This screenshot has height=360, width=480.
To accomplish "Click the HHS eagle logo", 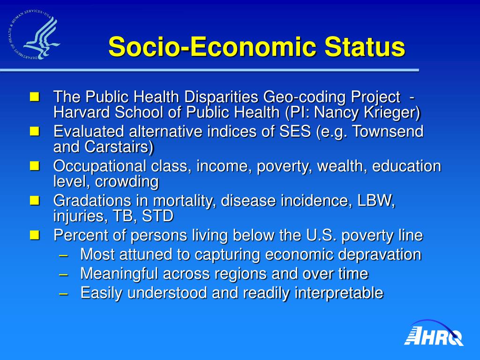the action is point(33,34).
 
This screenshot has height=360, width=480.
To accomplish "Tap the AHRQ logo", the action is point(434,333).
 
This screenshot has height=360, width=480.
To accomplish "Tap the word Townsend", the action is point(388,132).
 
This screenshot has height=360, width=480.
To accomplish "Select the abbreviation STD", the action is point(157,216).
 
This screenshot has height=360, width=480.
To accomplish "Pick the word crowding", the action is point(127,182).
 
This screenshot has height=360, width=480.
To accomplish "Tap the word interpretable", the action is point(339,293).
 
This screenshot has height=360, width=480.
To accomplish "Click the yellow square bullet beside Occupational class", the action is point(35,166).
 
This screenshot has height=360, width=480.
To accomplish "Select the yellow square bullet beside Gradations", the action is point(35,201).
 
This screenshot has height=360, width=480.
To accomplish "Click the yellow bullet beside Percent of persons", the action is point(35,235).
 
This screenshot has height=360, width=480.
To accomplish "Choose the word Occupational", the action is point(99,166).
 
